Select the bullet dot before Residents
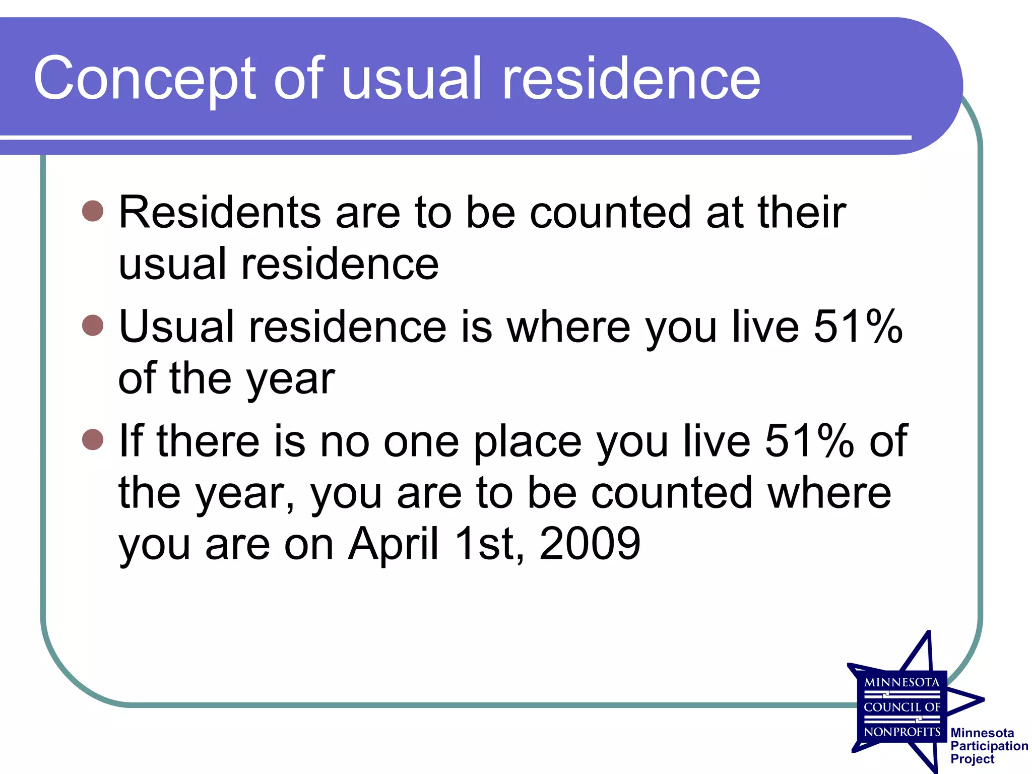click(93, 211)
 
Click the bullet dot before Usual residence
click(93, 325)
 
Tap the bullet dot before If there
click(93, 439)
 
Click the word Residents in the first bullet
click(220, 212)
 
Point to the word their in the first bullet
click(802, 212)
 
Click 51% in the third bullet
click(809, 441)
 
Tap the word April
click(394, 544)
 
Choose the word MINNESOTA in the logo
click(902, 683)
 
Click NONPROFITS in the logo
click(902, 732)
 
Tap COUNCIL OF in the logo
click(902, 707)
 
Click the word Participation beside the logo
click(989, 746)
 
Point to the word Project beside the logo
click(972, 759)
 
